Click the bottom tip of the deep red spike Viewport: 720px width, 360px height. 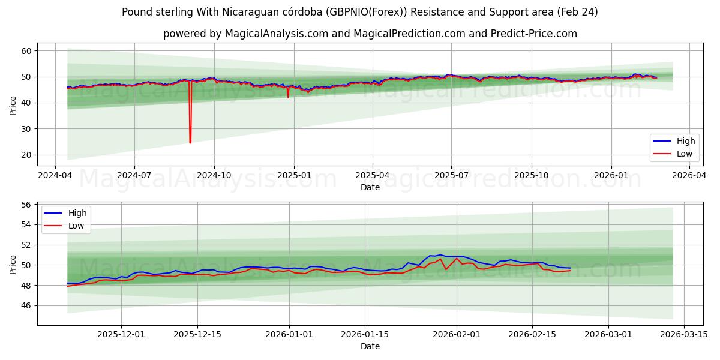coord(190,143)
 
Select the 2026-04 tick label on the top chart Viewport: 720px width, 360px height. coord(689,176)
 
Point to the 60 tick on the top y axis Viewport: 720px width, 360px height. coord(26,51)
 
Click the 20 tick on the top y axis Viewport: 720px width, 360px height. coord(26,155)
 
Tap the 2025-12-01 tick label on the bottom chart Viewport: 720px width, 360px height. coord(121,335)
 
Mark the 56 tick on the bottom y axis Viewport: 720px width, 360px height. coord(26,205)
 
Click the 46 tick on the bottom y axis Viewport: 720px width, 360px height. coord(26,305)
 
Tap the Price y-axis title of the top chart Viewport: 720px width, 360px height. coord(13,104)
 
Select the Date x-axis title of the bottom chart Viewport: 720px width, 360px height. coord(370,346)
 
